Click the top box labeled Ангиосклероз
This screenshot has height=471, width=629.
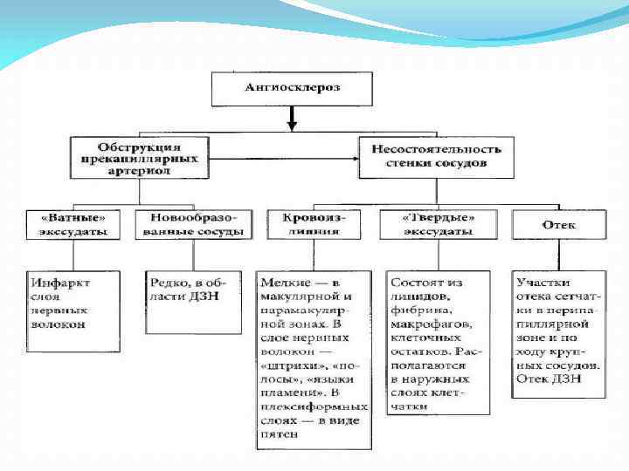coord(294,88)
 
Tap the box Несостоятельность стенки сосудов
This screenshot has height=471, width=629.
coord(436,157)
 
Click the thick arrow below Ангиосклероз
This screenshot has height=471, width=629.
coord(294,118)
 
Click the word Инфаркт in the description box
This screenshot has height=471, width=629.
coord(60,283)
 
